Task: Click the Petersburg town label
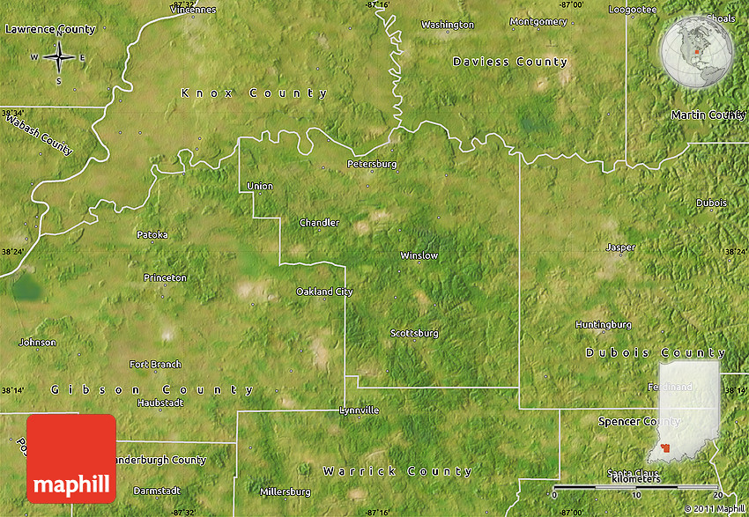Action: tap(372, 164)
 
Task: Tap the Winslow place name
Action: tap(419, 255)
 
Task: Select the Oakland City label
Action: tap(324, 292)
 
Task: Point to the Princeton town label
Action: tap(166, 277)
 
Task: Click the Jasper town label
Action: tap(620, 247)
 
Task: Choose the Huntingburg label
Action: tap(603, 324)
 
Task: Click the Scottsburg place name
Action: tap(414, 333)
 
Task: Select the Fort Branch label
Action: tap(155, 364)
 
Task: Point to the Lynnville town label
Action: tap(360, 410)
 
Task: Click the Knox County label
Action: tap(254, 93)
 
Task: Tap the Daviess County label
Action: tap(510, 62)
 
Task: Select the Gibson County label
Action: tap(152, 389)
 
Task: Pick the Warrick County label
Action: tap(397, 471)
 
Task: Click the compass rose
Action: tap(59, 58)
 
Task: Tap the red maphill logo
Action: tap(71, 459)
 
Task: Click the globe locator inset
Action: tap(696, 52)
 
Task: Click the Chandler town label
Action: tap(319, 223)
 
